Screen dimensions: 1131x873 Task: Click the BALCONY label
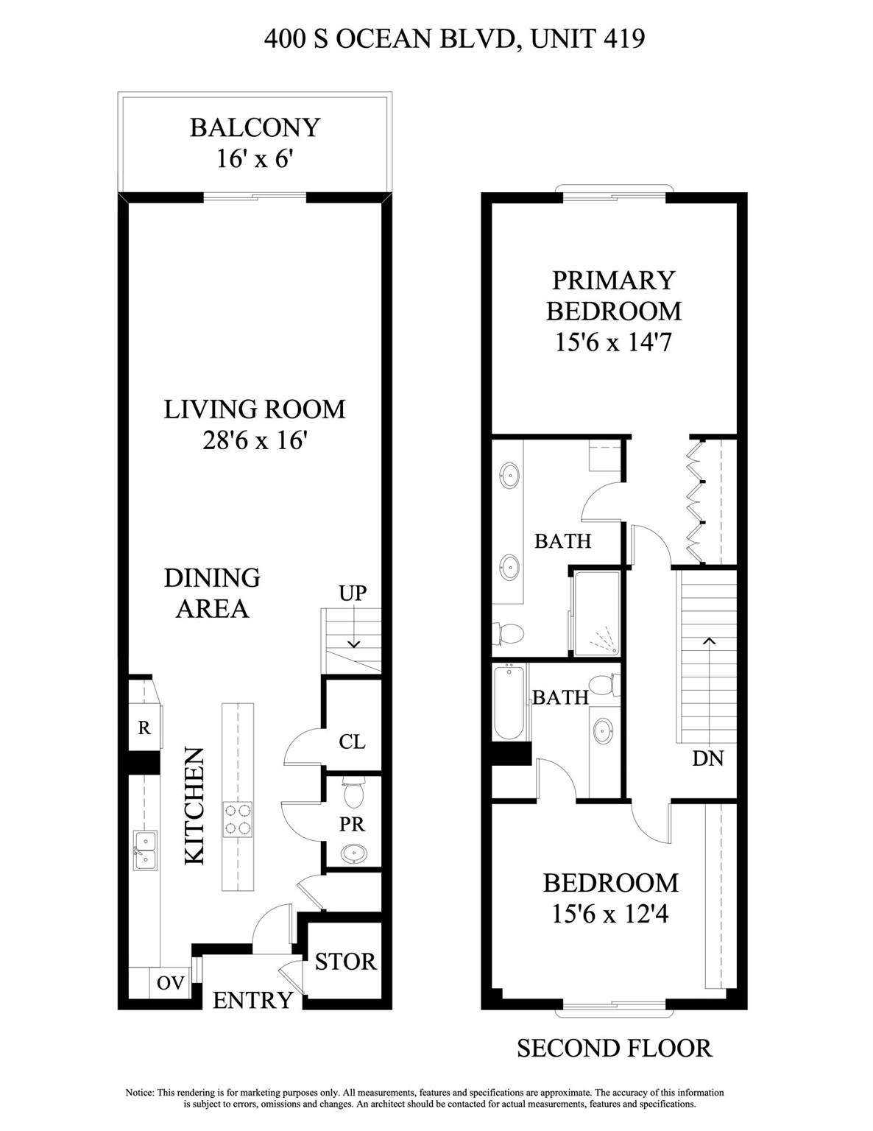click(x=255, y=127)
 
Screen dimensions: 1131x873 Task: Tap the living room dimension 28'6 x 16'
click(x=255, y=440)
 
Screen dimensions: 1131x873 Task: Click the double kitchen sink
click(x=145, y=850)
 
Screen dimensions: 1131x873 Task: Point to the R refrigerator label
click(x=144, y=727)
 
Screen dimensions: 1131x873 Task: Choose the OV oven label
click(x=171, y=983)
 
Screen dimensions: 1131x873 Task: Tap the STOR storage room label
click(x=345, y=961)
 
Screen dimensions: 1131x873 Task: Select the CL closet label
click(x=352, y=741)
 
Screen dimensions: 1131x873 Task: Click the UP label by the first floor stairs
click(x=353, y=593)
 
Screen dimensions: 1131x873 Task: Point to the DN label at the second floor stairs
click(x=708, y=758)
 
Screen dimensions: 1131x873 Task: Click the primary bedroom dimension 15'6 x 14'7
click(x=613, y=342)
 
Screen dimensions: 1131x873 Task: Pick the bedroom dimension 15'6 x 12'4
click(x=610, y=914)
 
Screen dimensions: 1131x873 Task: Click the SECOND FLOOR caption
click(x=614, y=1048)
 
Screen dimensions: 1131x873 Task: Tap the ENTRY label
click(x=253, y=1000)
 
